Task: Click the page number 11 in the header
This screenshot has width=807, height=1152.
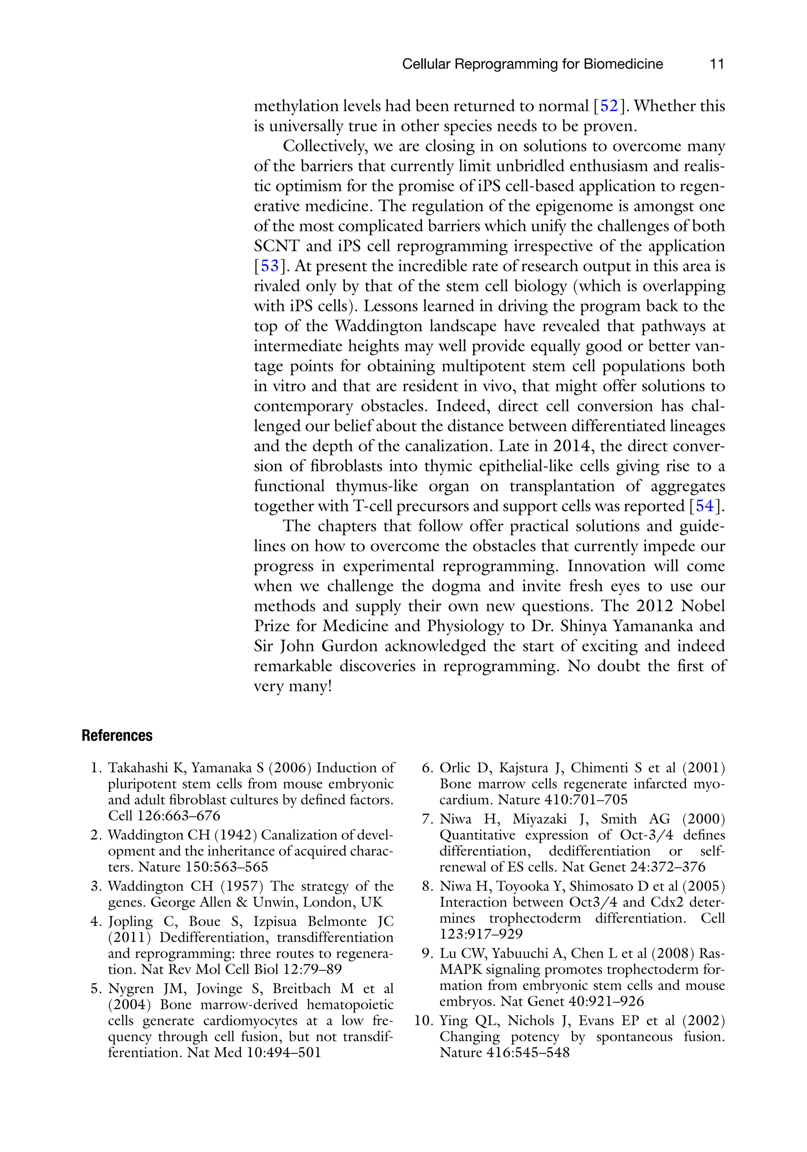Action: [717, 64]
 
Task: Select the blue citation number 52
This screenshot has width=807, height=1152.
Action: [609, 106]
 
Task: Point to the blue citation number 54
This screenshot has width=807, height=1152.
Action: [705, 506]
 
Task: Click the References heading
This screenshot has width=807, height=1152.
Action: [117, 736]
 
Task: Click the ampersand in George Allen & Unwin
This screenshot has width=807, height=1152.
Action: [242, 902]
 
